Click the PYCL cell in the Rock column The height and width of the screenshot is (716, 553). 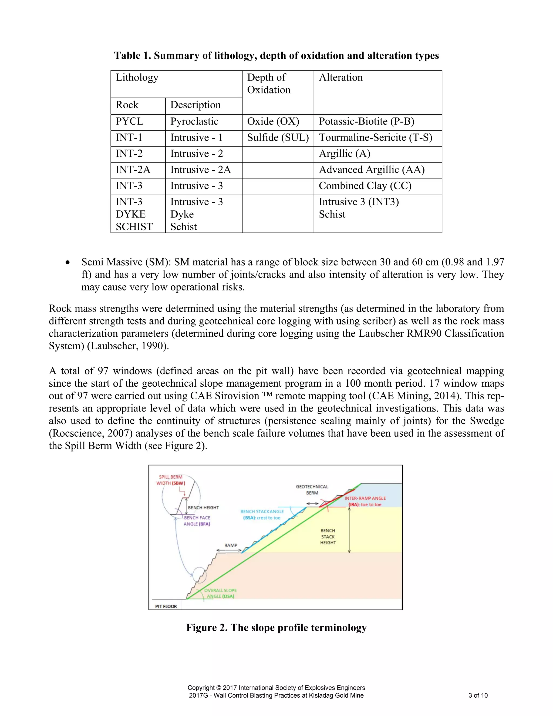[x=130, y=122]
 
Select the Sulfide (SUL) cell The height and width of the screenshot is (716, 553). [x=278, y=138]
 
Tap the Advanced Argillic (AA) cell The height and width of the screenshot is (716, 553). [x=372, y=170]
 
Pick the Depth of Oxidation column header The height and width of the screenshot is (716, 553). [x=269, y=83]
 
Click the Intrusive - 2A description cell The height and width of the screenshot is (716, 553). [x=201, y=170]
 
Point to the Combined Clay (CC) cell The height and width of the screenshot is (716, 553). [x=365, y=186]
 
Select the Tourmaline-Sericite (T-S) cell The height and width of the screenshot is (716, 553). [x=375, y=138]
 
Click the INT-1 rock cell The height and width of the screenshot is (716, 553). [x=129, y=138]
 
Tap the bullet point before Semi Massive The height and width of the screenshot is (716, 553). [x=68, y=263]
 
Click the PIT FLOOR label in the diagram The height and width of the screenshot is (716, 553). [x=166, y=606]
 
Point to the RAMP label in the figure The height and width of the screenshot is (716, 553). [x=231, y=545]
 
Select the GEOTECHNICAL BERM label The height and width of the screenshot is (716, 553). [x=312, y=490]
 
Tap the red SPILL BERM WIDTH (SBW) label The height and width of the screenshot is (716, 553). [x=171, y=480]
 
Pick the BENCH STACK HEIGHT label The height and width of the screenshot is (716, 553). [x=328, y=536]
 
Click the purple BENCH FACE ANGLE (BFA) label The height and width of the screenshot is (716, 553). [x=197, y=521]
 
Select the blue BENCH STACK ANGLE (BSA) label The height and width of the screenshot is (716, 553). [x=262, y=514]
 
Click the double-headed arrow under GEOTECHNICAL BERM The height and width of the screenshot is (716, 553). [x=312, y=504]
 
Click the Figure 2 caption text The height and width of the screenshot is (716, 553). [x=276, y=627]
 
